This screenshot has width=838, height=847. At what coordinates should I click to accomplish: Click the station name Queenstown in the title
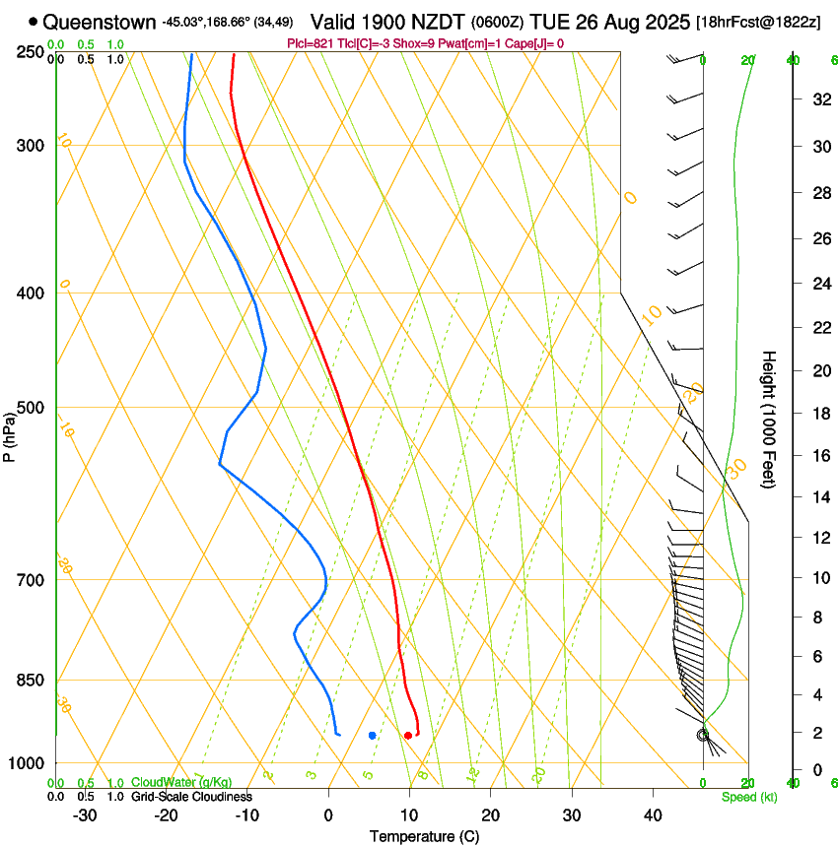99,21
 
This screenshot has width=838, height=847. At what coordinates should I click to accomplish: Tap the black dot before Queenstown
34,21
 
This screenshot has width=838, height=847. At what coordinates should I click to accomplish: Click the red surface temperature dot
407,736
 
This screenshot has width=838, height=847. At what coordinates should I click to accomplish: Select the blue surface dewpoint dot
372,736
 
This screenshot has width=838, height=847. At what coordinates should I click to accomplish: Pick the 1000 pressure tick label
29,763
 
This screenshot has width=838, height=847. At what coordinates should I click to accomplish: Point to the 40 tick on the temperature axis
653,815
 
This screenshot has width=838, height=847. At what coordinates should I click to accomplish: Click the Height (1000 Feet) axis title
769,419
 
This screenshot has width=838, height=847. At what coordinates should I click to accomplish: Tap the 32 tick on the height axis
819,99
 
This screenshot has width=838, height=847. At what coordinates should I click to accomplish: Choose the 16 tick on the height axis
819,456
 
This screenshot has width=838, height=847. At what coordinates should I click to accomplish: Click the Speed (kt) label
748,797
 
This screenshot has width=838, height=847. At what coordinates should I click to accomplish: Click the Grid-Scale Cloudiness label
191,797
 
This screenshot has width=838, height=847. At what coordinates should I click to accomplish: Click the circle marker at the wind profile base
703,735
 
